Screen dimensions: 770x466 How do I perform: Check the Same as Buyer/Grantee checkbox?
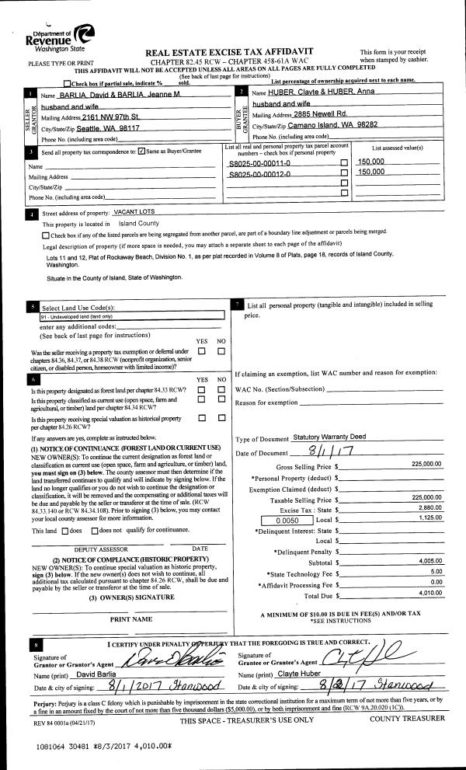click(x=141, y=151)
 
